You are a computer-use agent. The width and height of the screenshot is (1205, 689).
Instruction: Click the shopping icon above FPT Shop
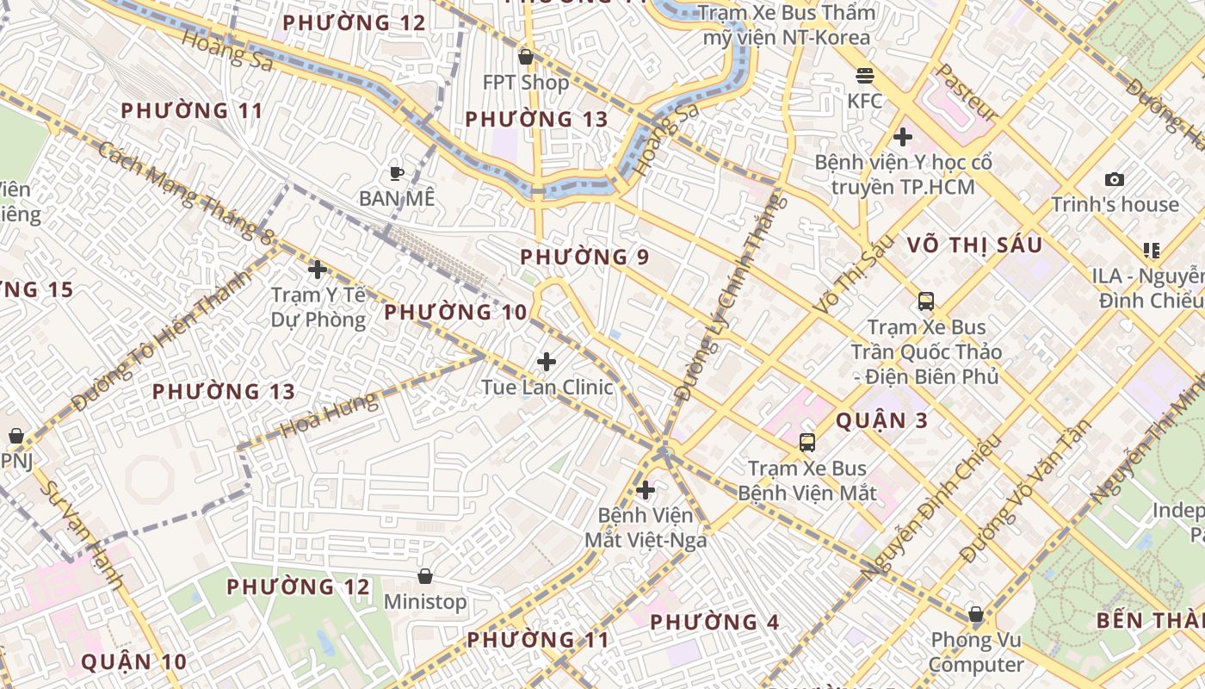pos(525,57)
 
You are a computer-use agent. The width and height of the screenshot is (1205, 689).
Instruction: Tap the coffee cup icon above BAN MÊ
pos(396,173)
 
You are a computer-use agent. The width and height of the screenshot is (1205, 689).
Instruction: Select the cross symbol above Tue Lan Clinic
pos(546,362)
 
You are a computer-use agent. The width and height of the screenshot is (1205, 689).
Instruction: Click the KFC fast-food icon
pos(865,76)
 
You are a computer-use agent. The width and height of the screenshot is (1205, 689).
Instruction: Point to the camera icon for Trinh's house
pos(1115,180)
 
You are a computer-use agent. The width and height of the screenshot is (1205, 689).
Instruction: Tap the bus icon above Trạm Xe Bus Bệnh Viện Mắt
pos(806,443)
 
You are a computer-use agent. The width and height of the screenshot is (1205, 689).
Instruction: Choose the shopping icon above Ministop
pos(424,575)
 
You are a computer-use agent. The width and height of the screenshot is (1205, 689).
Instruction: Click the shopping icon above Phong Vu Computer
pos(975,614)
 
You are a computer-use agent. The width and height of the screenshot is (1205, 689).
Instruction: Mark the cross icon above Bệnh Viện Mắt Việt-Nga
pos(645,490)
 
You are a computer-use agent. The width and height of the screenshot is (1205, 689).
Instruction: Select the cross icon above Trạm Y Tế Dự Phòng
pos(318,270)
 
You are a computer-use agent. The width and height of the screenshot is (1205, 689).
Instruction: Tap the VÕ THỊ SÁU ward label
pos(974,245)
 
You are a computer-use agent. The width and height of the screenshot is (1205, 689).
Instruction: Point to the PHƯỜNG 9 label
pos(584,257)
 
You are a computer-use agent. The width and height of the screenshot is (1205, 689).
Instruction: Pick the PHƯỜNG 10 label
pos(455,313)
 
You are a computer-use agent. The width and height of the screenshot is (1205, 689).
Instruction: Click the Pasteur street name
pos(967,91)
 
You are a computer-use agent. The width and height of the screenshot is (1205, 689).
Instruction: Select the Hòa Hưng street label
pos(330,414)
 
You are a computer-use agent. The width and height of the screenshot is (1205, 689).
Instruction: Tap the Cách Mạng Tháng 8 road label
pos(184,192)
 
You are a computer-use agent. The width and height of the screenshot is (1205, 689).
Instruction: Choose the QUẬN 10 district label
pos(133,661)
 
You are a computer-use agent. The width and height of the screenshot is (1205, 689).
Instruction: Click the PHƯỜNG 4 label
pos(714,622)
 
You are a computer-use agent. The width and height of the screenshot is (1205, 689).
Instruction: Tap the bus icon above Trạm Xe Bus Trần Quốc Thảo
pos(925,301)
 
